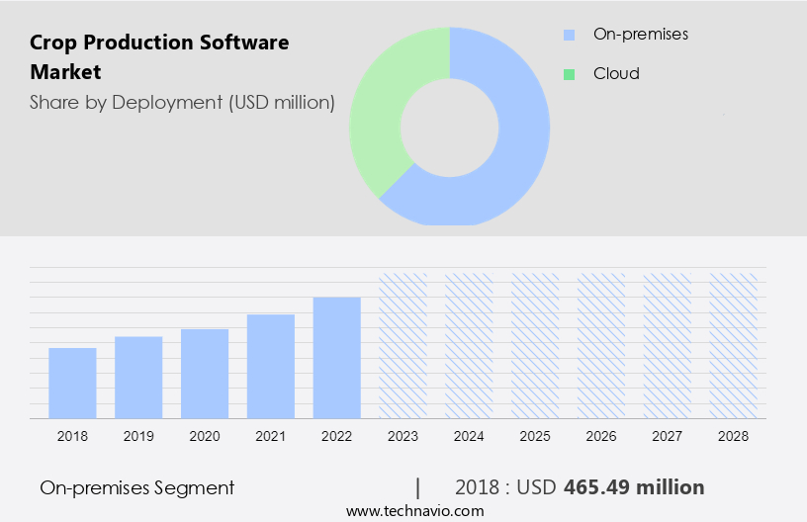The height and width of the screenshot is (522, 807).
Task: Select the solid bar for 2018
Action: point(72,383)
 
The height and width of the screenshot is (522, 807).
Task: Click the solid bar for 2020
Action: point(205,373)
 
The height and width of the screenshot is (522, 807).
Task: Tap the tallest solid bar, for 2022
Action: point(337,357)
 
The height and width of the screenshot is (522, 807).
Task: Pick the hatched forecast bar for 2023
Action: point(403,345)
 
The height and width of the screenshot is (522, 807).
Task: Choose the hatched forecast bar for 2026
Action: point(601,345)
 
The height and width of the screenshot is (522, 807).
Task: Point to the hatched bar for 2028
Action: point(734,345)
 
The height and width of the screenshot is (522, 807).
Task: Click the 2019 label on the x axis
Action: point(138,436)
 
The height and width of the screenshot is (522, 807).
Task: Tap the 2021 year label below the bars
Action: point(271,436)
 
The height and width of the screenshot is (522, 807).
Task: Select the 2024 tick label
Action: point(469,436)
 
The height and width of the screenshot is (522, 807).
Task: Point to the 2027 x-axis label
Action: point(668,436)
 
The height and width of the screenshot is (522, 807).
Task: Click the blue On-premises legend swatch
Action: point(569,35)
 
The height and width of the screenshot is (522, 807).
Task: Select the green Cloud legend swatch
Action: point(569,74)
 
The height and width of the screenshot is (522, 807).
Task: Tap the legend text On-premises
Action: point(640,35)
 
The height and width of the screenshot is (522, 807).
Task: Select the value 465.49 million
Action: point(634,487)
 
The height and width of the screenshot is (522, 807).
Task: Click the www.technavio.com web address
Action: point(415,511)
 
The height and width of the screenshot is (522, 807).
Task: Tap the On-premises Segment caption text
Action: point(137,487)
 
